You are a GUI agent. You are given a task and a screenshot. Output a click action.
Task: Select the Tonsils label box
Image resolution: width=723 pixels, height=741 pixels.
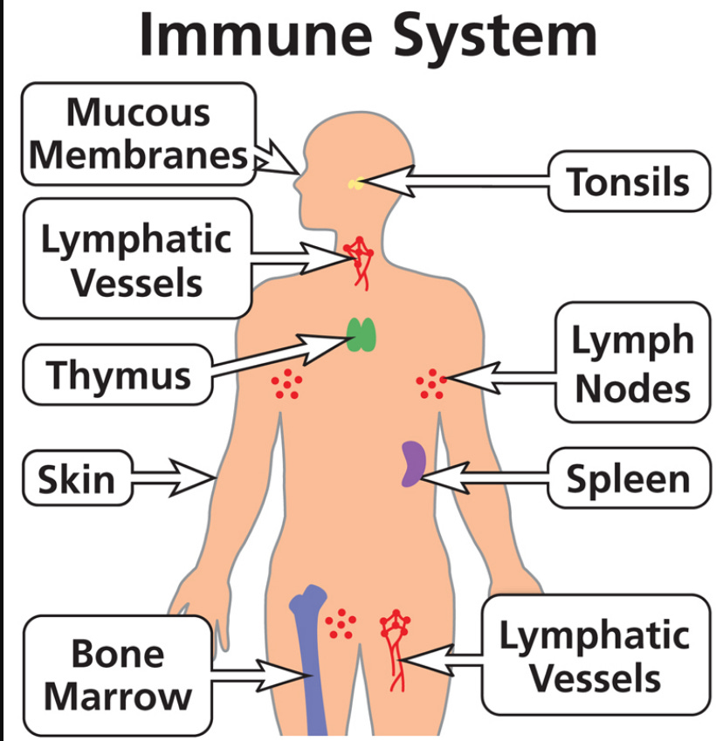tap(628, 182)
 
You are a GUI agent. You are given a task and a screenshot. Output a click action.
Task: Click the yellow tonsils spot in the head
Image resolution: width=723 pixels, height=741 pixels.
tap(355, 183)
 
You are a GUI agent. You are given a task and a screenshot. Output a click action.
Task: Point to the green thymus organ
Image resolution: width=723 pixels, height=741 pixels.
tap(362, 334)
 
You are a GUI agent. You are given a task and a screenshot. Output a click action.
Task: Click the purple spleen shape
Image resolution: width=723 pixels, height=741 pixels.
tap(412, 463)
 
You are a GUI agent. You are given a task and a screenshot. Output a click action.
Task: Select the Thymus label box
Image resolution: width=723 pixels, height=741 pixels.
tap(118, 374)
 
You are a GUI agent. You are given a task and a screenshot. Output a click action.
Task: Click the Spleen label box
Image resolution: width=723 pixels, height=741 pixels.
tap(628, 477)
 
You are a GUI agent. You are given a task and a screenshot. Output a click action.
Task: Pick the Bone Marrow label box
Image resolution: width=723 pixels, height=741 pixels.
tap(117, 674)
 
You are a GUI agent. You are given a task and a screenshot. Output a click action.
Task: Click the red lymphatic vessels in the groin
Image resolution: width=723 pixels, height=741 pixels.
tap(396, 646)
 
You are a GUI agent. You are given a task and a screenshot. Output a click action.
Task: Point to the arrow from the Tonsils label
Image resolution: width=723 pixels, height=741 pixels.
tap(454, 182)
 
